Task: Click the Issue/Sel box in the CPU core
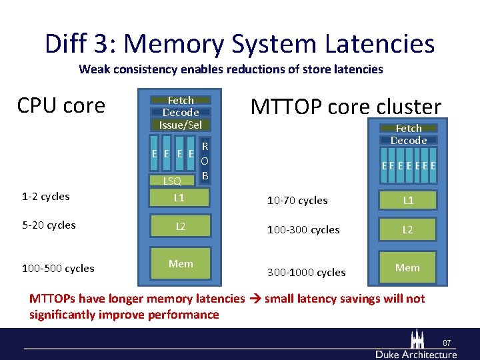tap(181, 125)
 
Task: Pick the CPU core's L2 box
tap(180, 227)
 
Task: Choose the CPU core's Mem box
tap(181, 265)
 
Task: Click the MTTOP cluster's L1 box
tap(407, 200)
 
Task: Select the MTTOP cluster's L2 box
tap(407, 229)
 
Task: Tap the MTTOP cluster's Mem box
tap(407, 268)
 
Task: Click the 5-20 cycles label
tap(49, 225)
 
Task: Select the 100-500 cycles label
tap(58, 269)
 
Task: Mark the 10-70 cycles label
tap(297, 201)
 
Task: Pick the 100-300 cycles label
tap(303, 230)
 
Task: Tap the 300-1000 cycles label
tap(306, 272)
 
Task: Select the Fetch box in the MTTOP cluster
tap(409, 128)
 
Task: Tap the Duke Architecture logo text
tap(417, 353)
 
